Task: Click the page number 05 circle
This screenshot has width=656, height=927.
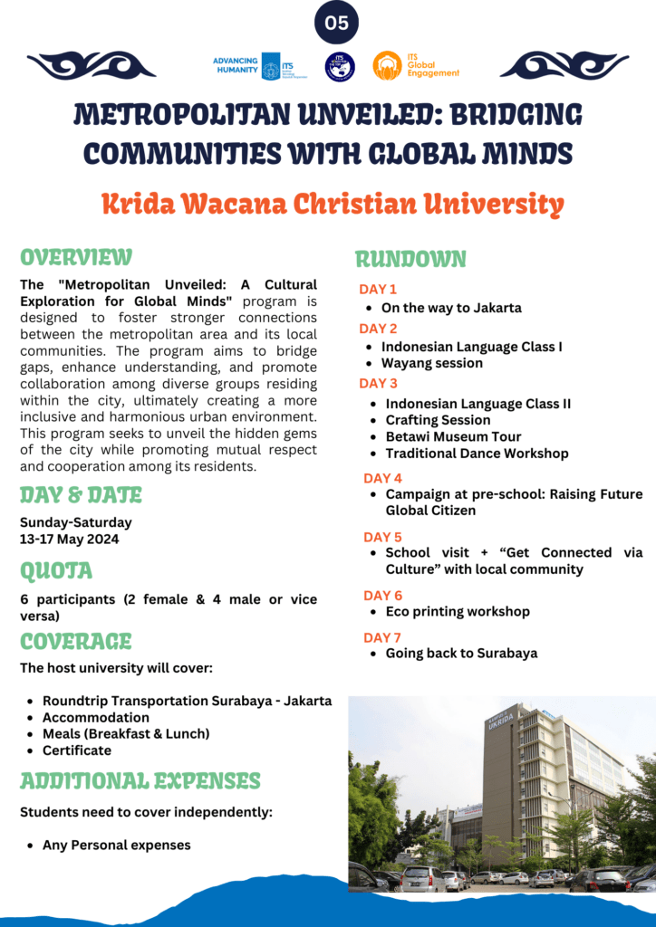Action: pos(336,24)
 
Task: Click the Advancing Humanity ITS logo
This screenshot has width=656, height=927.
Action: pos(246,66)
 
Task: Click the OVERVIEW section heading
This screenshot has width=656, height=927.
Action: pos(76,257)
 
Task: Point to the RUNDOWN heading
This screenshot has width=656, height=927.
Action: pos(410,260)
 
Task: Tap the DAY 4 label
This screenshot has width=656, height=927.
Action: pos(382,478)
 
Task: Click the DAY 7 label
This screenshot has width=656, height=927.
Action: pos(382,637)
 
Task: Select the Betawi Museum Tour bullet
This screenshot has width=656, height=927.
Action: pos(453,436)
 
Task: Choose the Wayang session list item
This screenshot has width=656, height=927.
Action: pos(431,363)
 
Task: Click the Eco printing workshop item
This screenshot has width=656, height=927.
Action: pos(458,611)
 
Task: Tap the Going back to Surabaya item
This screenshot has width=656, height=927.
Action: pos(461,653)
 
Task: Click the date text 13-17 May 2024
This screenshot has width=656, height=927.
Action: pos(69,540)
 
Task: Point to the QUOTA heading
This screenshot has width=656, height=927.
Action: pos(56,571)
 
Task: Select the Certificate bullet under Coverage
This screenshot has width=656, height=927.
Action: pos(77,750)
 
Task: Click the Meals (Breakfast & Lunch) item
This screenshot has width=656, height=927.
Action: pos(126,733)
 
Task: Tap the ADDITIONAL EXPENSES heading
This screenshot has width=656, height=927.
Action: pos(140,780)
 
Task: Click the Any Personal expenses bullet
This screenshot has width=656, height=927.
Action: pos(116,845)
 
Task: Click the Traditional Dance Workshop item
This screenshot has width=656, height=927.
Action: pos(477,453)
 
